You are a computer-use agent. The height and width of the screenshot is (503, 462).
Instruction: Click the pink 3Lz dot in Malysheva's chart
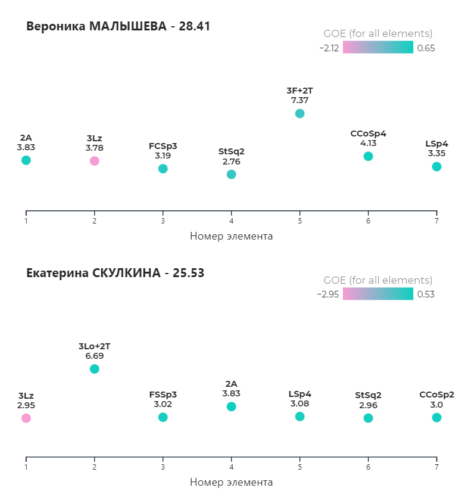[94, 161]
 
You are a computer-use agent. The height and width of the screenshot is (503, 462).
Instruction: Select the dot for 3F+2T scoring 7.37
[299, 114]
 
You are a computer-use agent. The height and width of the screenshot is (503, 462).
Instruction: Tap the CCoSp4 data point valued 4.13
[368, 156]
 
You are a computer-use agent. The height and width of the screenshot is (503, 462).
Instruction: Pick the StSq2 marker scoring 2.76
[231, 174]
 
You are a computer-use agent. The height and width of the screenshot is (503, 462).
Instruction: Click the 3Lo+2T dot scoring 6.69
[94, 369]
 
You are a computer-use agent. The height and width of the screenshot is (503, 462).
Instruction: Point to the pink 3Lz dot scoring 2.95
[26, 418]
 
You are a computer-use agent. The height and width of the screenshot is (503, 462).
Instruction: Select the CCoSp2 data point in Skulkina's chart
[436, 417]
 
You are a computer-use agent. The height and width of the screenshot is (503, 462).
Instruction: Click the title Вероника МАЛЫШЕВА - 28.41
[118, 27]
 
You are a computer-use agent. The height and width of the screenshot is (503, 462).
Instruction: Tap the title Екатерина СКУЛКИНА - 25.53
[115, 274]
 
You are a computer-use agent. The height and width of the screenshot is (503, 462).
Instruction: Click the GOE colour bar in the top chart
[377, 48]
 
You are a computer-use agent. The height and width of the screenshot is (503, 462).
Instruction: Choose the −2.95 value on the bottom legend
[328, 294]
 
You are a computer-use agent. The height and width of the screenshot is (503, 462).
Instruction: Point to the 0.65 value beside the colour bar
[426, 48]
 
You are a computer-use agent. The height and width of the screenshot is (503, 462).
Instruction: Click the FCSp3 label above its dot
[163, 146]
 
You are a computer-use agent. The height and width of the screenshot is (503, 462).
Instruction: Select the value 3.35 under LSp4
[436, 153]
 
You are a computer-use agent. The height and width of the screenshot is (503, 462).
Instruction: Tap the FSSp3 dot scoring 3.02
[163, 417]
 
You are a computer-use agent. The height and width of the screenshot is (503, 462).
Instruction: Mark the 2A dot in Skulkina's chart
[231, 406]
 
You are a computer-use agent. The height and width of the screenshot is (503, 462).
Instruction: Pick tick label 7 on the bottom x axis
[436, 467]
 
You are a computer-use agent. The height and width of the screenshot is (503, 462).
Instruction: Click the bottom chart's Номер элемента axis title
[231, 482]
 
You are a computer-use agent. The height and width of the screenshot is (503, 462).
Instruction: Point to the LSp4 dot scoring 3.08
[299, 417]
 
